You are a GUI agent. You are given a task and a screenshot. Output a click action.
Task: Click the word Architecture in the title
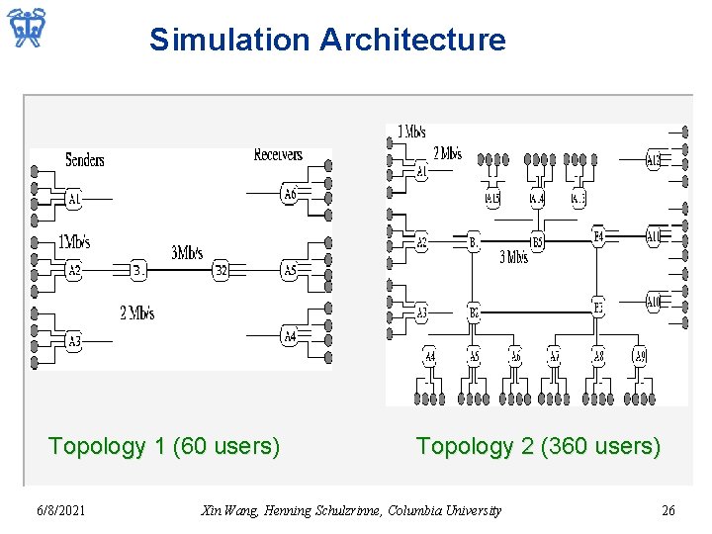coord(412,41)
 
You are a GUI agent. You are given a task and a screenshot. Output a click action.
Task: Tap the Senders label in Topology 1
coord(84,159)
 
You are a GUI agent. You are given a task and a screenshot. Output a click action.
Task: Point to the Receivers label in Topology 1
coord(278,154)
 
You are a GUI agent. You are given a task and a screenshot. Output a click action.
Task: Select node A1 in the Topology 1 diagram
coord(73,200)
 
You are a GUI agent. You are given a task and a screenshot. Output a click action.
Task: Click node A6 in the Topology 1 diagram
coord(289,194)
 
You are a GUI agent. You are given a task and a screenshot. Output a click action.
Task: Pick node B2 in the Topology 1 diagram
coord(221,270)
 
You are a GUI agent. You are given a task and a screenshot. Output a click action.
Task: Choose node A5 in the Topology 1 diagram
coord(289,270)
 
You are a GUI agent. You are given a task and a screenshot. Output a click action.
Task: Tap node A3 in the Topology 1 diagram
coord(73,341)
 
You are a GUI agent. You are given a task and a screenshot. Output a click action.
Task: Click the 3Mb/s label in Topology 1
coord(187,253)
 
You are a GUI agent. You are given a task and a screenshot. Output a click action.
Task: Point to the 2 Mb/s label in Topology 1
coord(137,313)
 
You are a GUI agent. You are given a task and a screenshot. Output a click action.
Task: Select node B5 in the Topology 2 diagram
coord(537,241)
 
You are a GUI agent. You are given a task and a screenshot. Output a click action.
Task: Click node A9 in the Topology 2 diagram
coord(640,356)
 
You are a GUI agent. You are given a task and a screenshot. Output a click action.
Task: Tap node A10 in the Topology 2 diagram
coord(653,303)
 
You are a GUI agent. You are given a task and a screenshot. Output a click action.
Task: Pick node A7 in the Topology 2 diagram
coord(555,356)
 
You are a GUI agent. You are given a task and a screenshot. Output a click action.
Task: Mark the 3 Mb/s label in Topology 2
coord(512,258)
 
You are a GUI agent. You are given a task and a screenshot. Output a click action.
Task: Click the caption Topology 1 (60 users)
coord(164,446)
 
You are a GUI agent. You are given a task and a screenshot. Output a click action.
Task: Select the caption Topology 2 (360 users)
coord(538,446)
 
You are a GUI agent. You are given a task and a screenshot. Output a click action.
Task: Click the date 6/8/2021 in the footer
coord(60,510)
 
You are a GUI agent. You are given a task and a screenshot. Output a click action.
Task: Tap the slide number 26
coord(668,510)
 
